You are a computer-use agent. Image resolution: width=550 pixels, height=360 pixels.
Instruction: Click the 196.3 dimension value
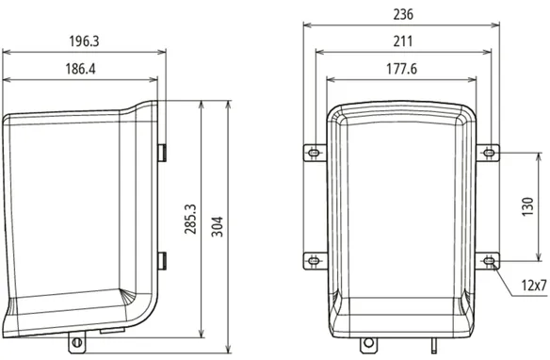[x=84, y=41]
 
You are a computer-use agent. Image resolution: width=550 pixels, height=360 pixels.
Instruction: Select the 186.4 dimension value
[x=80, y=69]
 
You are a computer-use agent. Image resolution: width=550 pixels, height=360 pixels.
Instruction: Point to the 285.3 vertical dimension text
[x=190, y=219]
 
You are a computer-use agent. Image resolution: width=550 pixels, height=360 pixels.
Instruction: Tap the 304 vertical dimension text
[x=218, y=227]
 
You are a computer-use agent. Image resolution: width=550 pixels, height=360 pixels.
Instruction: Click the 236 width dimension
[x=403, y=14]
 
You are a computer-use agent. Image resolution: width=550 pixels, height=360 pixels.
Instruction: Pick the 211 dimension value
[x=403, y=41]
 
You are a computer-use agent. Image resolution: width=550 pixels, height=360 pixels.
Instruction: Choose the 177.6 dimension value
[x=402, y=69]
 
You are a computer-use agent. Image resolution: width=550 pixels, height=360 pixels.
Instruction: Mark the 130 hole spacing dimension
[x=528, y=206]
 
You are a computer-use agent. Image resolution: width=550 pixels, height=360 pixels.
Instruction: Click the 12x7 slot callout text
[x=534, y=286]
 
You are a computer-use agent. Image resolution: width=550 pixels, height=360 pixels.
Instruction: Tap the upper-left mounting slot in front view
[x=314, y=153]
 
